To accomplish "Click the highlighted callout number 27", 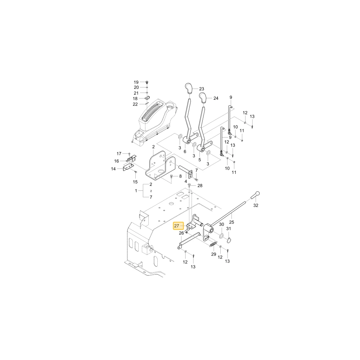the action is [x=176, y=226].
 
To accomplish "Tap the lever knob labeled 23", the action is [x=189, y=89].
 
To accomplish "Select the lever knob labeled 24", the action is [x=203, y=98].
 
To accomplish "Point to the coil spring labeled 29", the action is [x=213, y=244].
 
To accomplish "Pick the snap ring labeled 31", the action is [x=229, y=240].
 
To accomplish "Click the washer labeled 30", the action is [x=221, y=235].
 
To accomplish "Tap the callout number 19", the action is [x=136, y=82].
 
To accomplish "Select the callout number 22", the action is [x=135, y=104].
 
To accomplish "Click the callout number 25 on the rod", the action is [x=231, y=222].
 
